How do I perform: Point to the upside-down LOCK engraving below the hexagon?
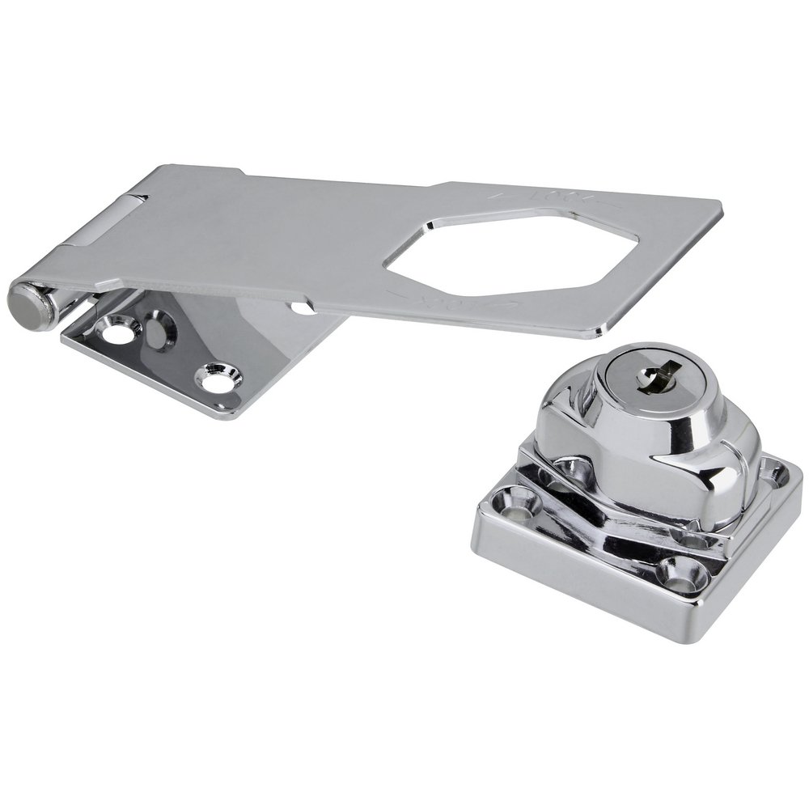(453, 300)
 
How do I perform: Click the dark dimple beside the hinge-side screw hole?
(160, 329)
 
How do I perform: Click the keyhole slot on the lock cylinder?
(651, 377)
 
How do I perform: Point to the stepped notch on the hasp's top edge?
(241, 172)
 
